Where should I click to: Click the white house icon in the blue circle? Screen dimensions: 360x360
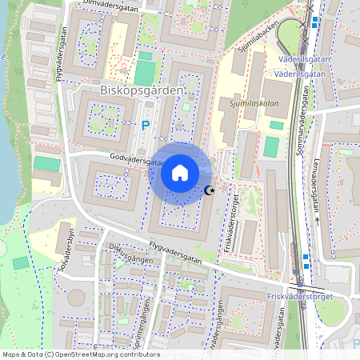click(180, 173)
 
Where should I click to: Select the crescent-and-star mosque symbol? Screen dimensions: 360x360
click(210, 190)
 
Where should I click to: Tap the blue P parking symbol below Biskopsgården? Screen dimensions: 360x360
click(145, 125)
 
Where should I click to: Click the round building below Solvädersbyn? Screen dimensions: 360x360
click(75, 298)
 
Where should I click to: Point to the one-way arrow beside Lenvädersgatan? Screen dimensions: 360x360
click(317, 219)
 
